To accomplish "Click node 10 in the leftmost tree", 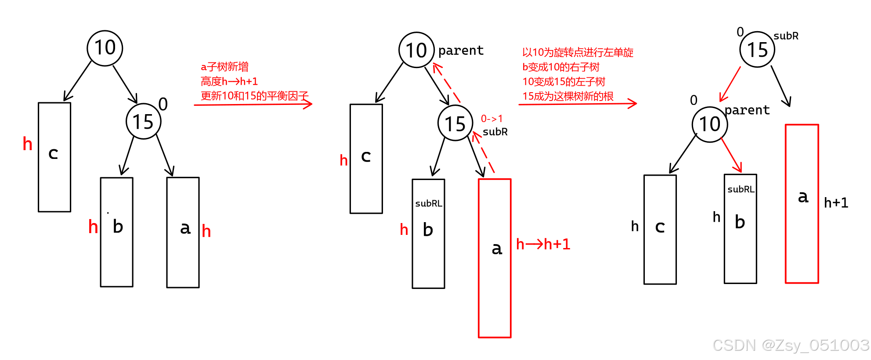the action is (x=105, y=48).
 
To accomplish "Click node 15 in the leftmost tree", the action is (x=144, y=122).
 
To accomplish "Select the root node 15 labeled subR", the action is (x=757, y=50).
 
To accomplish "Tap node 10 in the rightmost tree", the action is (x=710, y=125).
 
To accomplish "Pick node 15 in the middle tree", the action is (x=455, y=123).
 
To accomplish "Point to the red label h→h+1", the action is (x=543, y=244).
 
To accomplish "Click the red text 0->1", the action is (x=492, y=119).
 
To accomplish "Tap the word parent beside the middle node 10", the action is (x=461, y=50).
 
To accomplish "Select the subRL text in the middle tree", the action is (x=429, y=203).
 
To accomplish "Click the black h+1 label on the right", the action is (x=836, y=202).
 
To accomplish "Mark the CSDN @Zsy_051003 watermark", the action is (x=791, y=345).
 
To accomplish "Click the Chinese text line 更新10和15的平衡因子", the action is (x=255, y=96).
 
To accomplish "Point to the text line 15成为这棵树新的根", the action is (x=568, y=96).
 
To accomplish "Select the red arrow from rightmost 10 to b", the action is (x=731, y=155).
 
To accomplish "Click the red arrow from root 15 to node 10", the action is (x=730, y=84).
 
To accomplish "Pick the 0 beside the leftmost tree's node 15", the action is (x=163, y=104).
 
